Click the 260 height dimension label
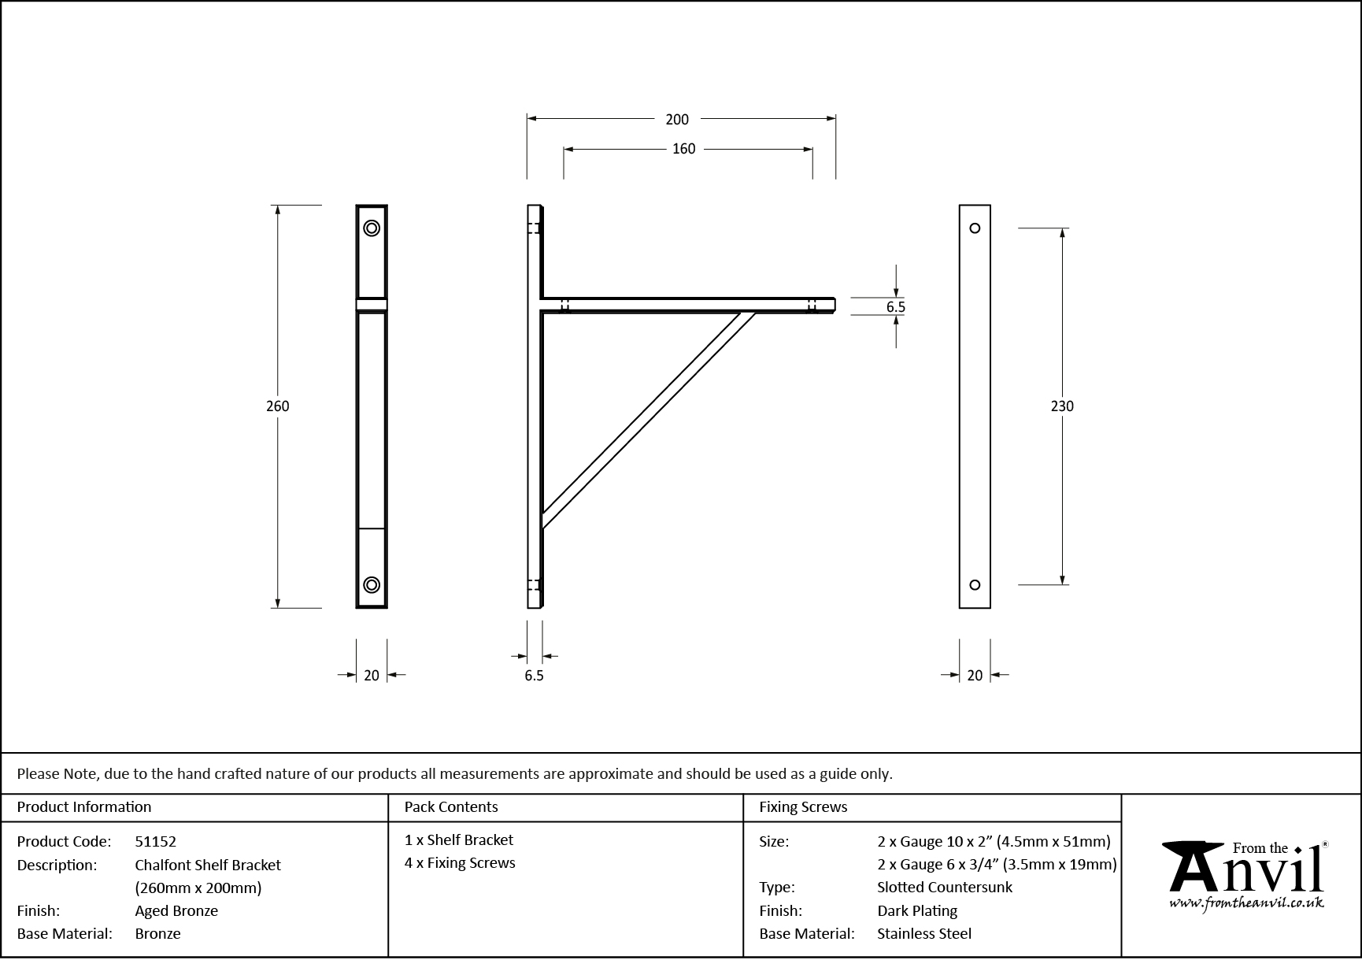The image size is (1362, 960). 278,406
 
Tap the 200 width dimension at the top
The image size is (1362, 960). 677,120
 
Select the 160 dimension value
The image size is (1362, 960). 683,149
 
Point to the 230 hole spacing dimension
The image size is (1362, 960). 1062,406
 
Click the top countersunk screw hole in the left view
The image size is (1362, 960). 372,228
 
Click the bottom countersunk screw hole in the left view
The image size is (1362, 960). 372,584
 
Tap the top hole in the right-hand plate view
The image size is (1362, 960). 975,228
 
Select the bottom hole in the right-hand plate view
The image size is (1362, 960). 975,584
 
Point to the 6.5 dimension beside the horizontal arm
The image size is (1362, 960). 896,307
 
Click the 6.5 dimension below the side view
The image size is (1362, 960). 534,676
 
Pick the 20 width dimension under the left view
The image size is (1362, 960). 372,675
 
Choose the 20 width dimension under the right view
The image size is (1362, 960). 975,675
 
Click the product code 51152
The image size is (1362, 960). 155,842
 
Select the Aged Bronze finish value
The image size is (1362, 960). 176,911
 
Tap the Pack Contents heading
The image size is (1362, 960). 451,807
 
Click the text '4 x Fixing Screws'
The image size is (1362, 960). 460,863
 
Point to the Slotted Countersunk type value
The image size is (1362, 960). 945,888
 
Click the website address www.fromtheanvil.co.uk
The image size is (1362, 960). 1246,904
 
